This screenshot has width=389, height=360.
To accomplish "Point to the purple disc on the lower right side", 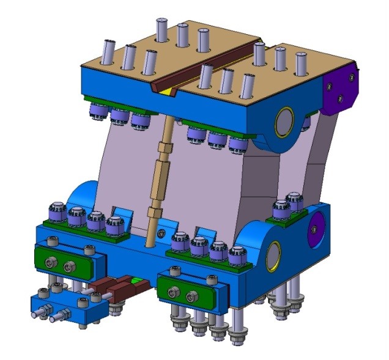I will click(x=317, y=227).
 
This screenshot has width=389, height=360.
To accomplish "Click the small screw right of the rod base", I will click(x=161, y=233).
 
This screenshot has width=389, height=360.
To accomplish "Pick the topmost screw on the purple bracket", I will click(x=351, y=78).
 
